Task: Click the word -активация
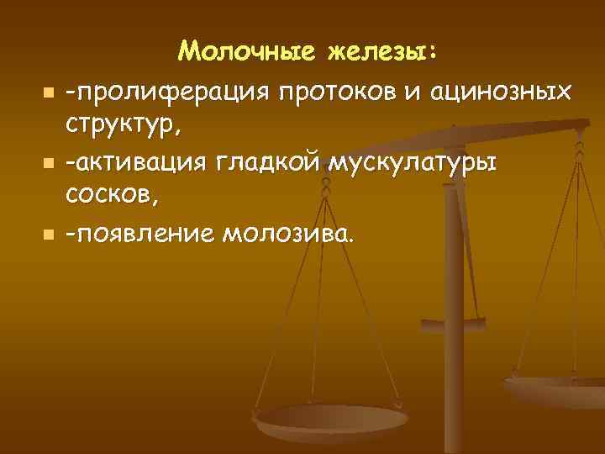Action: (x=144, y=162)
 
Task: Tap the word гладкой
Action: (x=272, y=162)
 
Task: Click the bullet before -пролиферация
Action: (x=49, y=91)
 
